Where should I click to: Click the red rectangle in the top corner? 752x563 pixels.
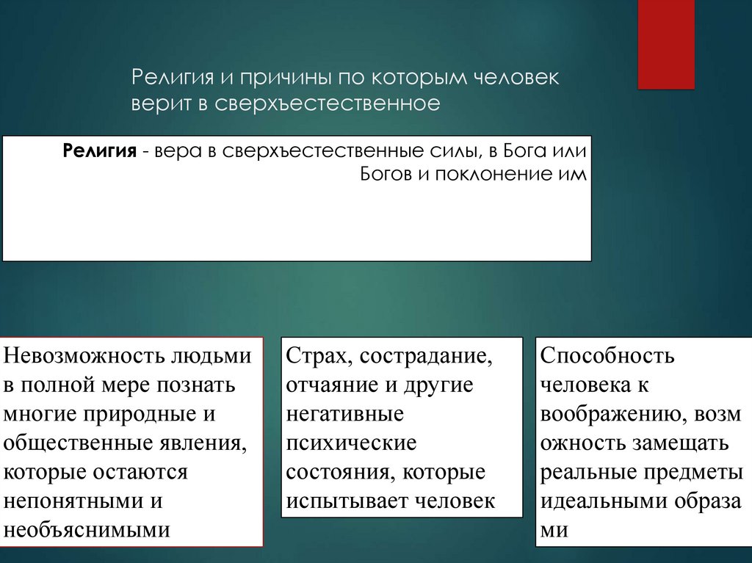(666, 44)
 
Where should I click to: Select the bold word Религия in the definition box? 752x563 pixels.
(100, 152)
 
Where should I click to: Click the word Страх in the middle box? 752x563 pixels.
(310, 356)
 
